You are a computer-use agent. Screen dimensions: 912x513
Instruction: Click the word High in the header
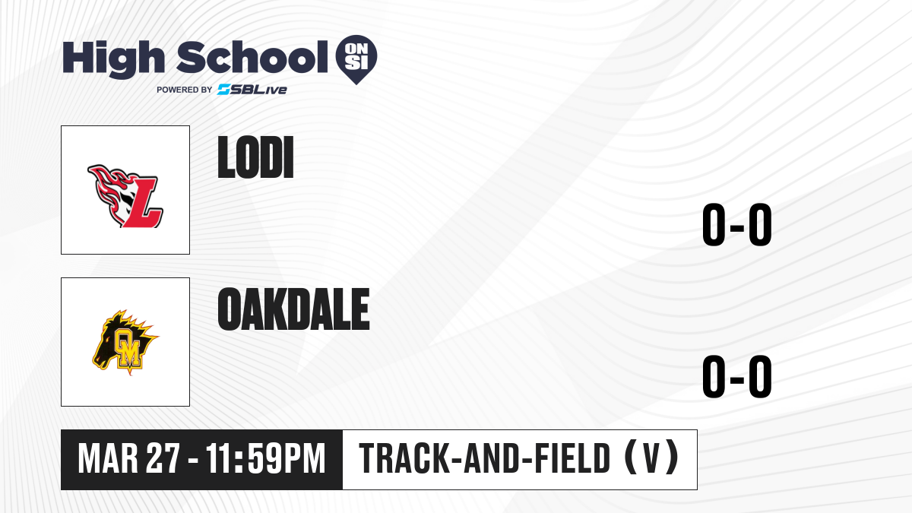113,59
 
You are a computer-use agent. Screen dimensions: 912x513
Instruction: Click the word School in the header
252,57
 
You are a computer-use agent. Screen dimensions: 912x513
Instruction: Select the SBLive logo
252,90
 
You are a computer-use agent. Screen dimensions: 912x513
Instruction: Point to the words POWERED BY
185,90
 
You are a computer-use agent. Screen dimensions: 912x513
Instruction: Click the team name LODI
255,157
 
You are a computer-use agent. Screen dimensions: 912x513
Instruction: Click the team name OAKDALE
293,309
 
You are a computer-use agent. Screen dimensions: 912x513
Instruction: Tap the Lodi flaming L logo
125,196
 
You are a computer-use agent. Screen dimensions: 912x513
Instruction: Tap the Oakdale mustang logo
125,342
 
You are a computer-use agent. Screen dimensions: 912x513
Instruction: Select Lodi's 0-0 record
737,224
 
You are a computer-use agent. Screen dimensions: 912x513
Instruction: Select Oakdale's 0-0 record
737,376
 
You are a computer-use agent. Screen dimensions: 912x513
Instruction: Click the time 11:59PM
266,459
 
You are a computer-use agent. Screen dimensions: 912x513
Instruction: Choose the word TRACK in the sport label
404,458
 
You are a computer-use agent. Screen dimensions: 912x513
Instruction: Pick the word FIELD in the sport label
572,458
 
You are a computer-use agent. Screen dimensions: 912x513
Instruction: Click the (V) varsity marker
651,458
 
